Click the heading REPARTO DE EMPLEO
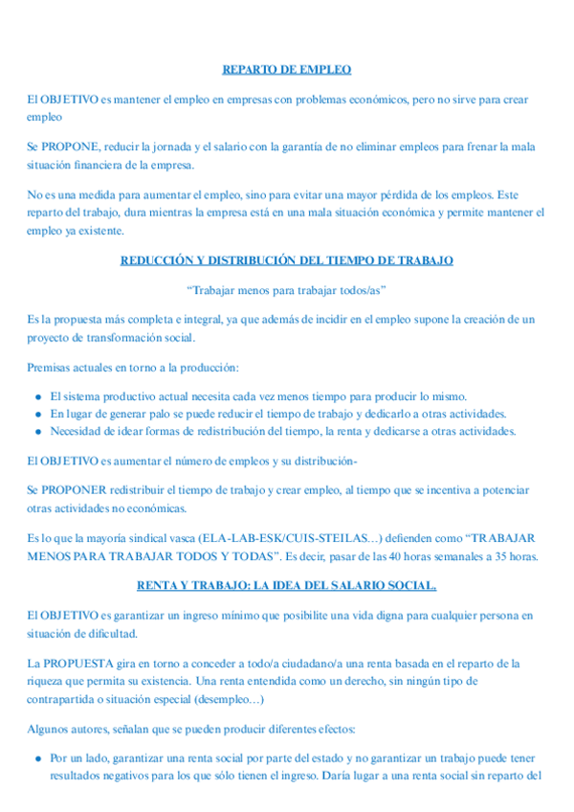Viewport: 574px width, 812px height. click(x=287, y=69)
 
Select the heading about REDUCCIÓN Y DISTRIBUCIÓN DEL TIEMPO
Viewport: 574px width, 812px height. click(x=287, y=260)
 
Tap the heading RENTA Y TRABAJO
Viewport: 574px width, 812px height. click(x=287, y=584)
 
